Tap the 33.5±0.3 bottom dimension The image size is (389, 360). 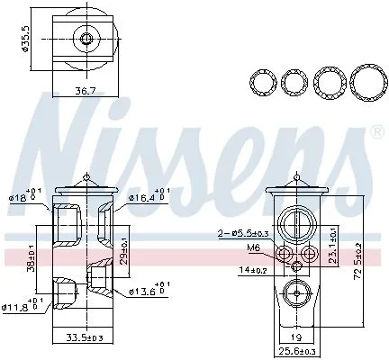tap(85, 339)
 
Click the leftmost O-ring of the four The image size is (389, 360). tap(263, 83)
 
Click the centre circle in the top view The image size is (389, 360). tap(85, 39)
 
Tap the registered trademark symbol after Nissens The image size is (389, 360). tap(375, 131)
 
